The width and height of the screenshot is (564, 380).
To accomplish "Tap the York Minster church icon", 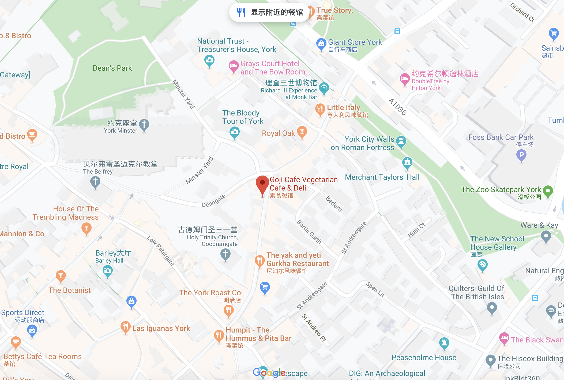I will point(144,125).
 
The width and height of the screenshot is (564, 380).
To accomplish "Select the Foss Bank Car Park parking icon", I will point(521,155).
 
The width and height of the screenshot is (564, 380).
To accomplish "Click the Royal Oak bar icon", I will point(302,132).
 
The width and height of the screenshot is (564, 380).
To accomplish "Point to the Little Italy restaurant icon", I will point(320,109).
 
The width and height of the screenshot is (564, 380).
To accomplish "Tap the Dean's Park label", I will point(112,68).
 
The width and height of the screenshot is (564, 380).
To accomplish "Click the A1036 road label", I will point(397,107).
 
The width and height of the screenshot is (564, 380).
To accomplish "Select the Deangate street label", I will point(213,201).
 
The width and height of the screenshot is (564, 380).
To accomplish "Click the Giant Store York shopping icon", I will point(321,43).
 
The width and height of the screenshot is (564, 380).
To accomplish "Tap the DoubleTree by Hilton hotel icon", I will point(405,79).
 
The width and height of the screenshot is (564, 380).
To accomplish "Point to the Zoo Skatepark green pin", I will point(548,191).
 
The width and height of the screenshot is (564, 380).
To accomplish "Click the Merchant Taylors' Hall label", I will point(382,177).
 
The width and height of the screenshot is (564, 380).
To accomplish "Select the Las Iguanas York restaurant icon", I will point(125,327).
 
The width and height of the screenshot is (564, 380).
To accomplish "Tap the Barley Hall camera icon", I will point(108,271).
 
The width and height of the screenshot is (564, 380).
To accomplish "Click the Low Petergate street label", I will point(161,251).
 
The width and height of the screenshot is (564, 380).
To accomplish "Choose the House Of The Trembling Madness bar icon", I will point(86,228).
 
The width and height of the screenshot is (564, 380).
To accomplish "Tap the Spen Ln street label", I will point(375,289).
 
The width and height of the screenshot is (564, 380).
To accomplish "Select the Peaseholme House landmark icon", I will point(444,343).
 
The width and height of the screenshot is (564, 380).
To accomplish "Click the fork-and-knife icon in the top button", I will point(241,12).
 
